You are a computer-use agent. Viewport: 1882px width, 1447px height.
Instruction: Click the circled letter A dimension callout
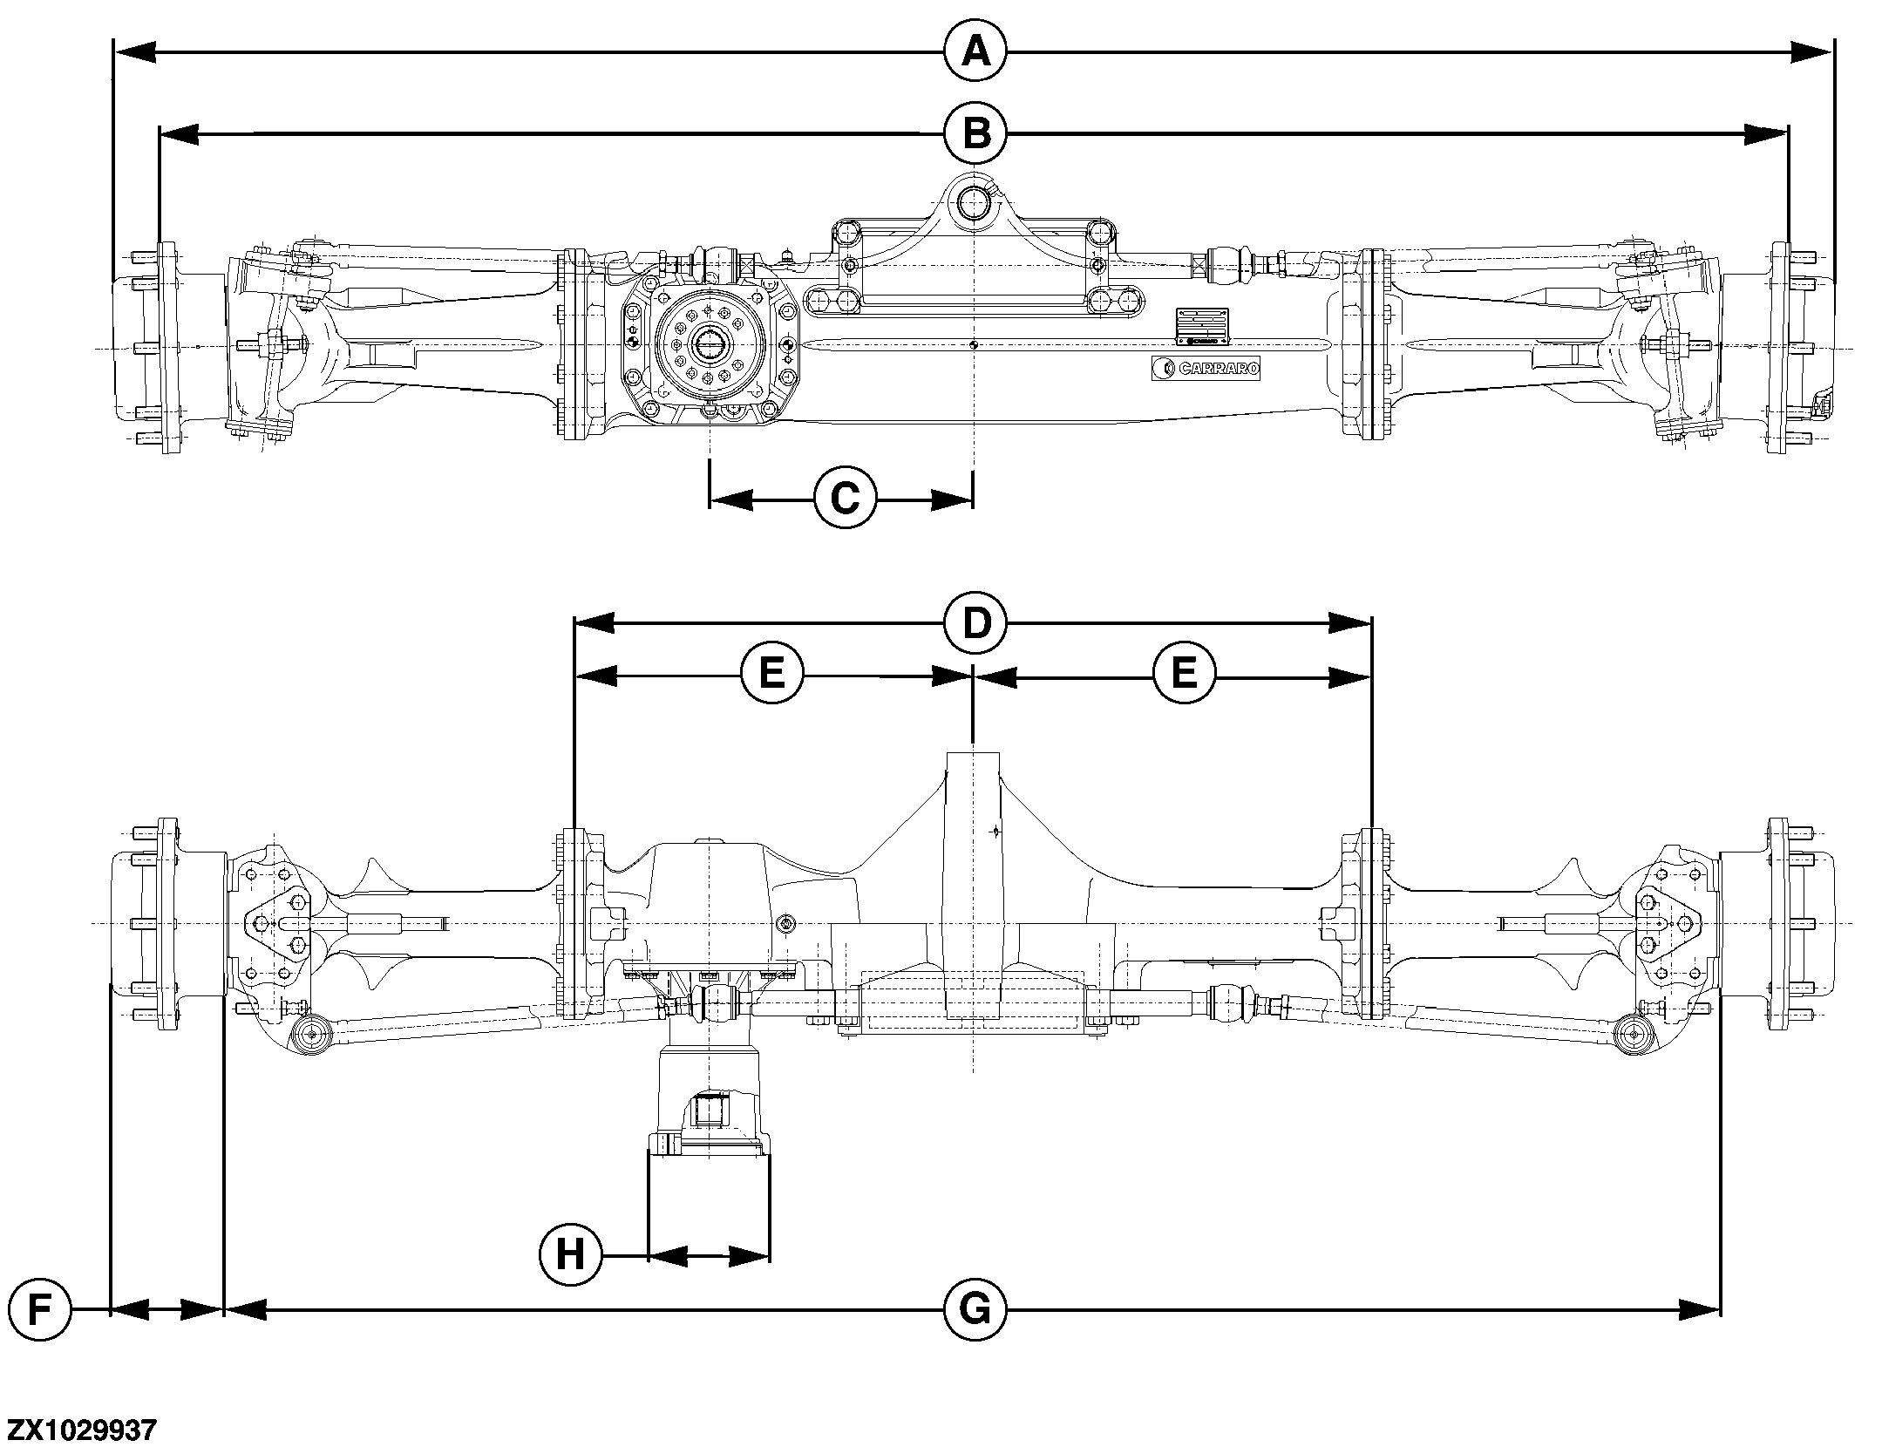[x=975, y=53]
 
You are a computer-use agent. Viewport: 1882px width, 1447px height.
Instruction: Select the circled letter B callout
[x=975, y=133]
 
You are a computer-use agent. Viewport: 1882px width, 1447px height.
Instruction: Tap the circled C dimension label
[x=844, y=499]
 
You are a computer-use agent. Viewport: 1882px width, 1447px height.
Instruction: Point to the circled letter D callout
[x=975, y=622]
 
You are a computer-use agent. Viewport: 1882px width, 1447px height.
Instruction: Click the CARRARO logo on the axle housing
[x=1206, y=369]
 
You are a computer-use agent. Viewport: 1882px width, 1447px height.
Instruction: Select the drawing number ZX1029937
[x=82, y=1430]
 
